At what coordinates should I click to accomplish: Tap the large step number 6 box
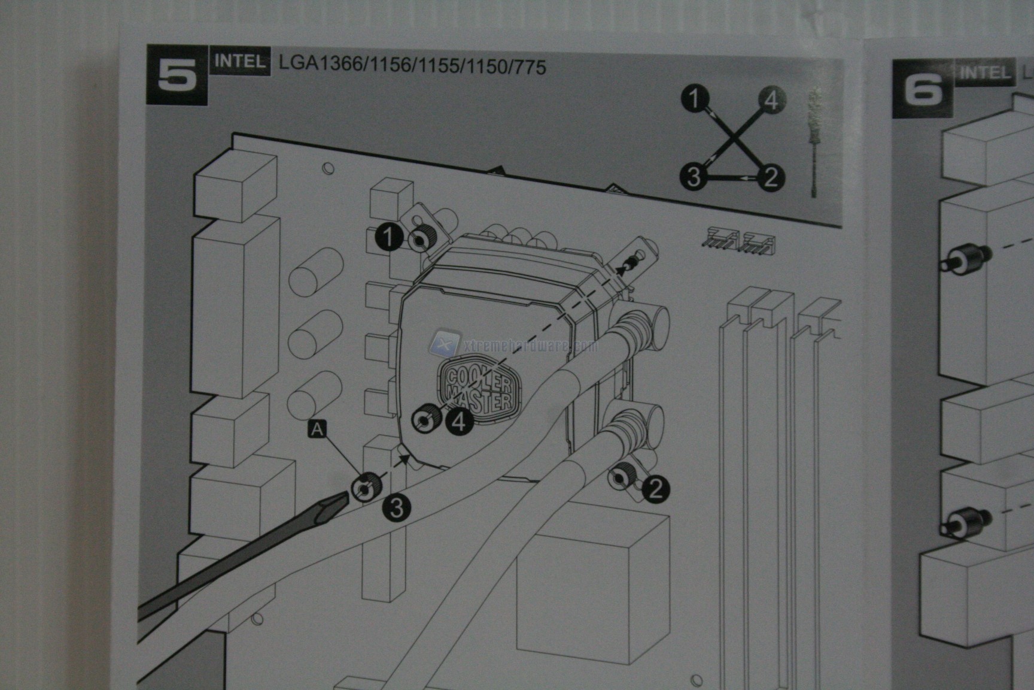tap(922, 89)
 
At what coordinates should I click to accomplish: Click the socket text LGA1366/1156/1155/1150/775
tap(412, 65)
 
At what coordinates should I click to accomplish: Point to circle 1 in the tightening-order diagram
tap(695, 98)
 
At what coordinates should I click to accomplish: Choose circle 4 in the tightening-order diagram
tap(772, 99)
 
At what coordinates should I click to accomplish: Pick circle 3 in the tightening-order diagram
tap(694, 177)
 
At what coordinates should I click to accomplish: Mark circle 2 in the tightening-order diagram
tap(771, 177)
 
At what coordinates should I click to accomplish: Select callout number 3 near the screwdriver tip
tap(397, 509)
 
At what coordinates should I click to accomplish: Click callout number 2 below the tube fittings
tap(655, 490)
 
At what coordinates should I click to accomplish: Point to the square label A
tap(318, 429)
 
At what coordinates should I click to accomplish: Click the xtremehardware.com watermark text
tap(527, 346)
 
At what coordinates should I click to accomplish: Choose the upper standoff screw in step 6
tap(962, 259)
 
